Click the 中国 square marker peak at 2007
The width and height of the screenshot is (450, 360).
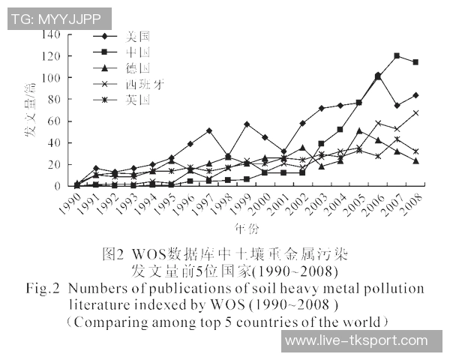[x=397, y=56]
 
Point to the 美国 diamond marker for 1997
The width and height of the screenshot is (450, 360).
[x=208, y=130]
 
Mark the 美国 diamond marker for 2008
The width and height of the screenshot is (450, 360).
[x=415, y=95]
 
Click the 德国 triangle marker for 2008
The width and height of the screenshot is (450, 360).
[x=415, y=160]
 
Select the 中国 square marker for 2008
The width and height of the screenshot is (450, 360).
[x=415, y=62]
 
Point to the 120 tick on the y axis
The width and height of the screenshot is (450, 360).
[x=51, y=56]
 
